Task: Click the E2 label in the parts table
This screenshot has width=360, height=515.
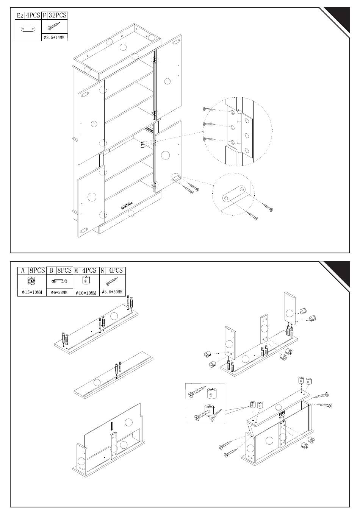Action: (20, 16)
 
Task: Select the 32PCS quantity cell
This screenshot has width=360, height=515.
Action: (58, 15)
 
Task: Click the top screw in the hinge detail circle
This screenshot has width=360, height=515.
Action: (210, 109)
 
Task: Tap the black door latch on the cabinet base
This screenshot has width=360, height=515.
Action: (126, 206)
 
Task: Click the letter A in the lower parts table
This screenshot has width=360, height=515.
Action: (23, 271)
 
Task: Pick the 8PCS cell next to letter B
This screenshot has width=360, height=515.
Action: (64, 270)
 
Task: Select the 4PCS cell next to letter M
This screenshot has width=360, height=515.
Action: (89, 270)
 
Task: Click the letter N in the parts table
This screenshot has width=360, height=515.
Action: (103, 271)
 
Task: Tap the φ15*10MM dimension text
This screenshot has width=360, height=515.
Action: (32, 292)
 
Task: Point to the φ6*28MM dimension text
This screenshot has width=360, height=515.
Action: (59, 292)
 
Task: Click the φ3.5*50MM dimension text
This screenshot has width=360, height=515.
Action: (112, 292)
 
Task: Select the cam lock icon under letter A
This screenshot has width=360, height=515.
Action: (32, 281)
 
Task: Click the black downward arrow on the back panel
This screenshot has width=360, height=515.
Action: (112, 426)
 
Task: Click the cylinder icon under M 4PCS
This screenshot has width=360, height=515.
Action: (86, 281)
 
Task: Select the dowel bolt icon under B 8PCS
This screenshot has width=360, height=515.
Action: (59, 282)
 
